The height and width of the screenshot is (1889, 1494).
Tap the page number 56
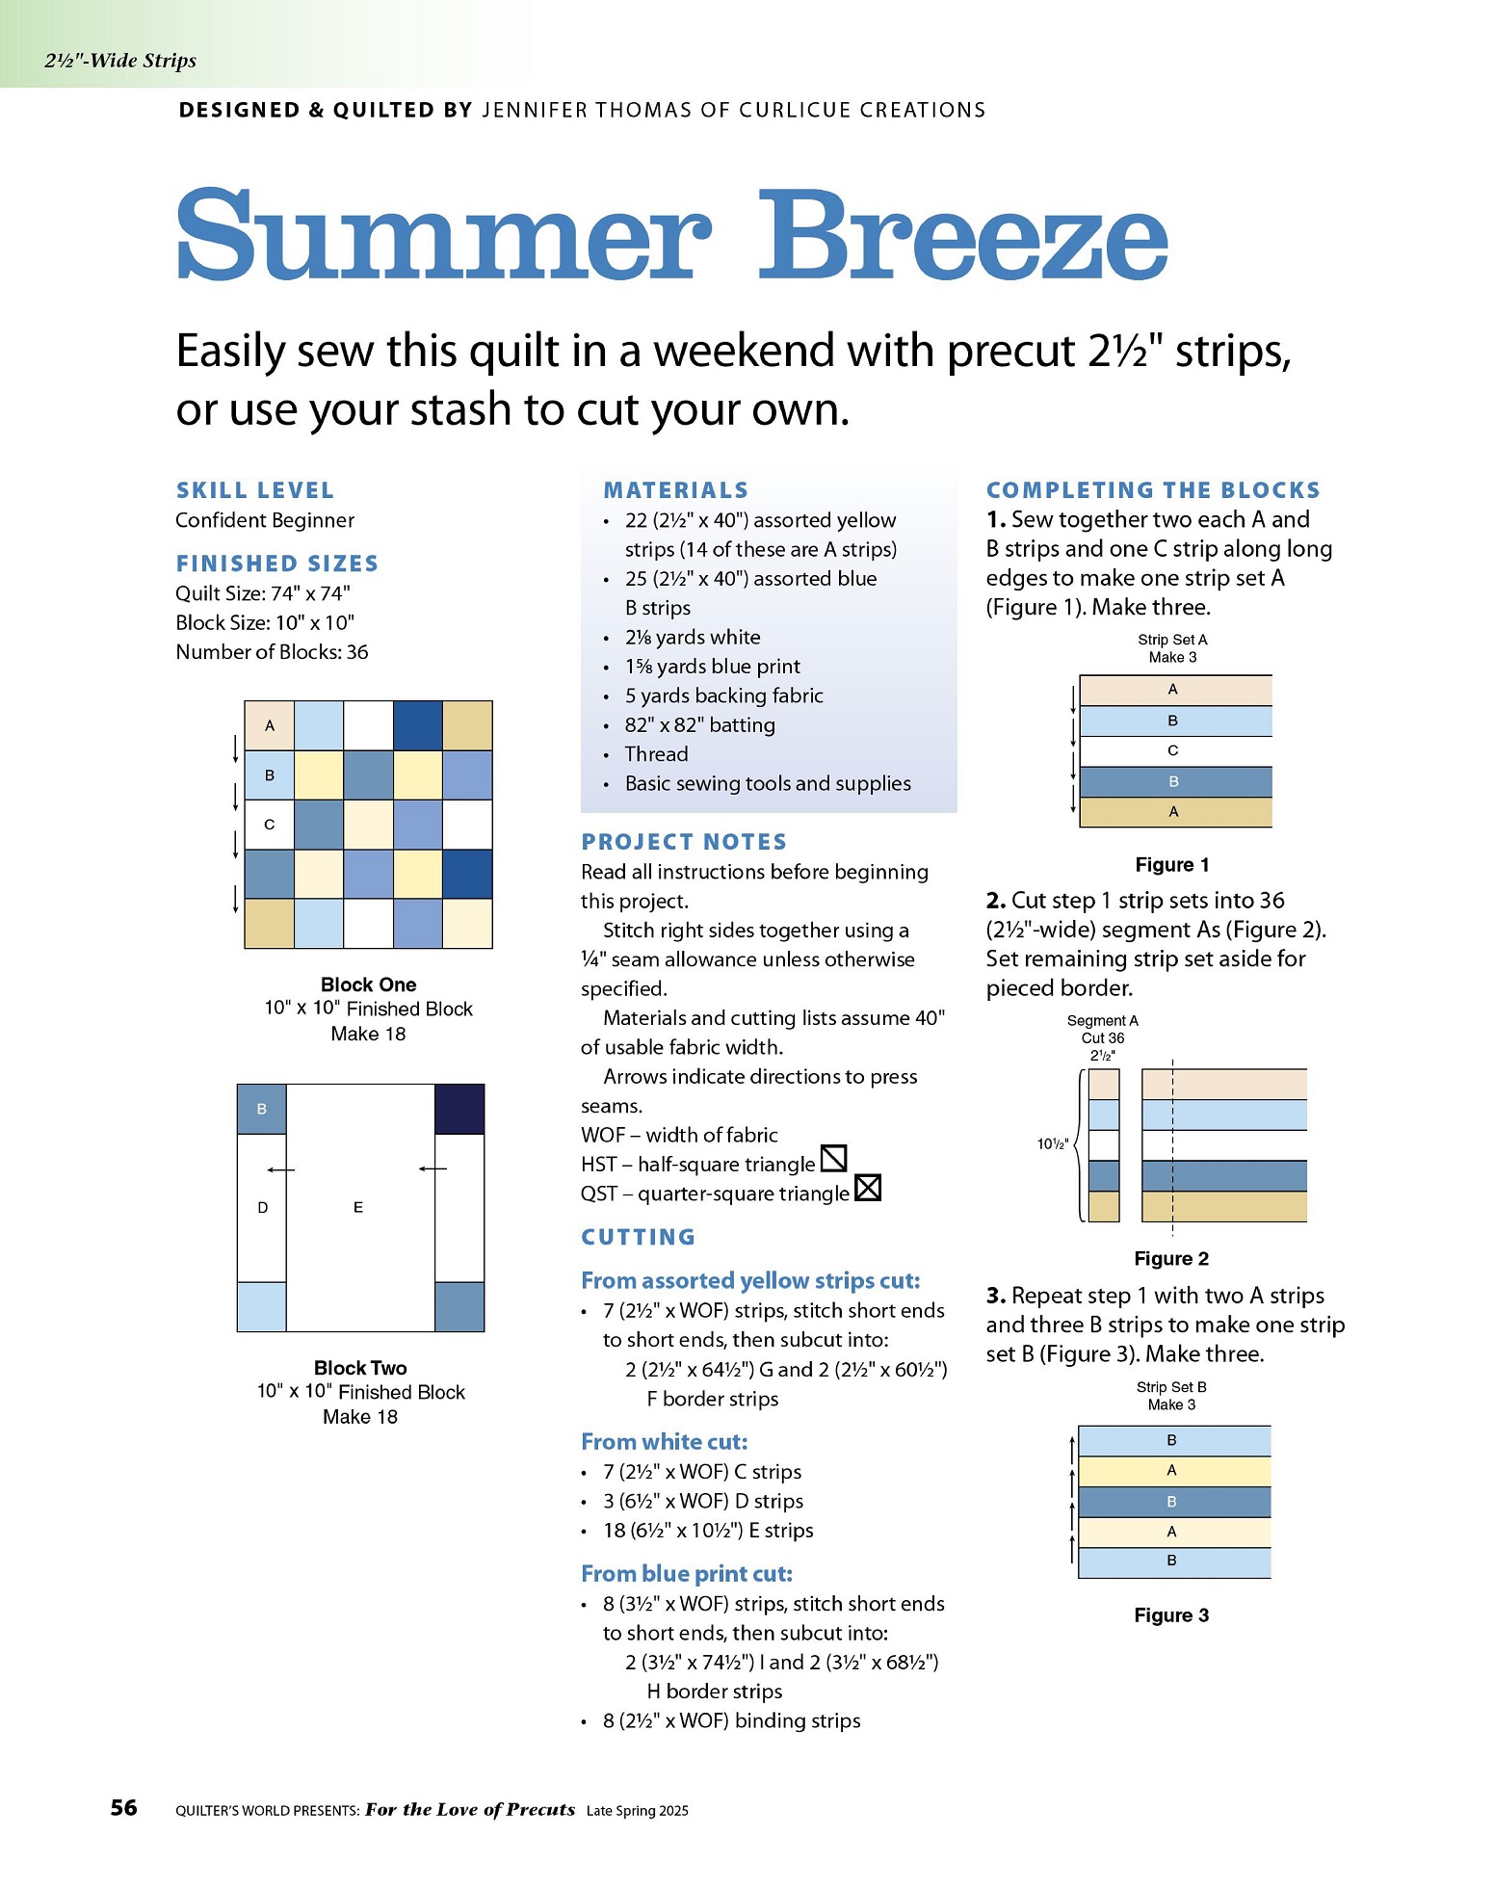point(124,1807)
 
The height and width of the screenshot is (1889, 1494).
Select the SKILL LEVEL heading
point(255,490)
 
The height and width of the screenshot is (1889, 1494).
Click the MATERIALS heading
point(676,490)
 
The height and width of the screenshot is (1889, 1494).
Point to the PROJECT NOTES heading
point(684,842)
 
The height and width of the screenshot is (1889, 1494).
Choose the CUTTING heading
point(638,1237)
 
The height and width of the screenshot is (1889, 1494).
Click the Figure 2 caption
point(1171,1258)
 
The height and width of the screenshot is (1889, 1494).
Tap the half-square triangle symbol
point(833,1158)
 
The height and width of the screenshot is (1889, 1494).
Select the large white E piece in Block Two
point(360,1208)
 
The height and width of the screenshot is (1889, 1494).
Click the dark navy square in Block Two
point(459,1110)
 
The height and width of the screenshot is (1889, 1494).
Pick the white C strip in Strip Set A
point(1176,751)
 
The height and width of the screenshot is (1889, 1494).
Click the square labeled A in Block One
point(270,726)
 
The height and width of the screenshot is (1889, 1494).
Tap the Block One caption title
point(369,984)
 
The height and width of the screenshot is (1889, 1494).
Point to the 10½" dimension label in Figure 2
point(1052,1144)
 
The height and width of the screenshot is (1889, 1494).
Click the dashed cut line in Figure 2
point(1172,1147)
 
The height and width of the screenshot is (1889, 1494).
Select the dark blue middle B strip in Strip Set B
point(1174,1502)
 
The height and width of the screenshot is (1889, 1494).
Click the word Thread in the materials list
point(657,754)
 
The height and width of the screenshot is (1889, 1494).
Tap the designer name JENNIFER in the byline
point(535,110)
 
